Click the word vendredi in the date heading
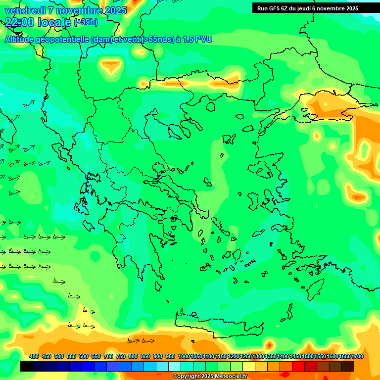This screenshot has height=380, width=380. [x=24, y=10]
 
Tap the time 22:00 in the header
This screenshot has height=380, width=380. [x=20, y=22]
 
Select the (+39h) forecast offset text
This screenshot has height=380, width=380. [x=86, y=22]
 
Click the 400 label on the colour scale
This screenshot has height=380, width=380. [x=34, y=356]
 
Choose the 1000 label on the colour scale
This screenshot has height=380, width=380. [x=184, y=356]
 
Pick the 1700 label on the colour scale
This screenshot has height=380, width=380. [x=344, y=356]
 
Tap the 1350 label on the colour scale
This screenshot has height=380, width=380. [x=270, y=356]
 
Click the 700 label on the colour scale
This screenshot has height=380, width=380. [x=108, y=356]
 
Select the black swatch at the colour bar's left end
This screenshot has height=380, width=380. [x=27, y=366]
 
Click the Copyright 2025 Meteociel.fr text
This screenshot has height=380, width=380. [x=209, y=377]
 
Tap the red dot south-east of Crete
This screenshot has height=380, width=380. [x=269, y=344]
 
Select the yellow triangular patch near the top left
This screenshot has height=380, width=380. [x=112, y=66]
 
